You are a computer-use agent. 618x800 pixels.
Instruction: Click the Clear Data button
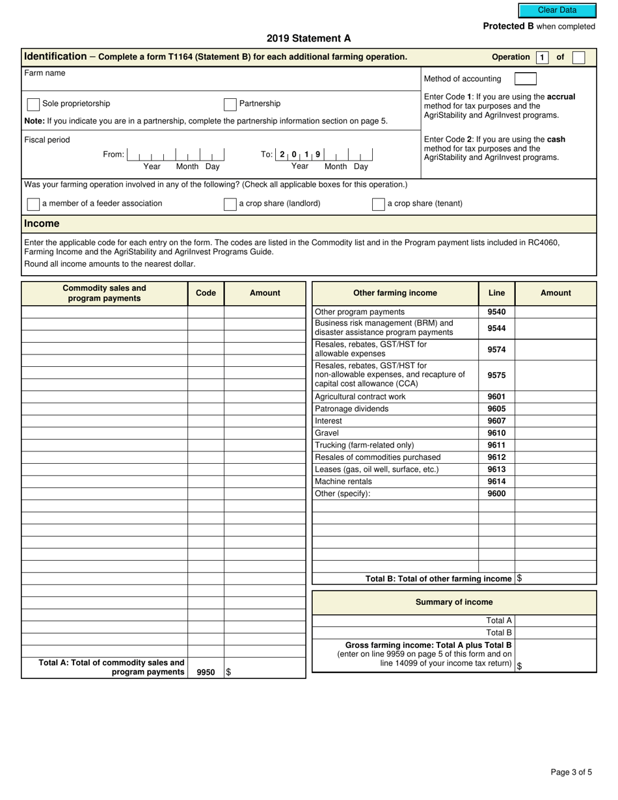[x=557, y=10]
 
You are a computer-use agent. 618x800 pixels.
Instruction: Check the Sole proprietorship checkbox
[x=33, y=104]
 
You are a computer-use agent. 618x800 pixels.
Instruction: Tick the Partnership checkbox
[x=230, y=104]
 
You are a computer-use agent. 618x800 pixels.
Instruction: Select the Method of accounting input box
[x=525, y=79]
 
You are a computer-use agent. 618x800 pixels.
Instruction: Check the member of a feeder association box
[x=33, y=204]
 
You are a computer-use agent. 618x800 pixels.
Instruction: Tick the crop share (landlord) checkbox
[x=230, y=204]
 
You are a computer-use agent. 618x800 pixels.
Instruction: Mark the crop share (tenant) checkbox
[x=378, y=204]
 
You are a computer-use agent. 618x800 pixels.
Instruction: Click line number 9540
[x=496, y=312]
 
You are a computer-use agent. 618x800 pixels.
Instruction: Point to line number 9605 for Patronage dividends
[x=496, y=409]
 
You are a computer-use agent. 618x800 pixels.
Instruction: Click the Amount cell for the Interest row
[x=555, y=421]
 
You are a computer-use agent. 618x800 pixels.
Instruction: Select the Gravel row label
[x=327, y=433]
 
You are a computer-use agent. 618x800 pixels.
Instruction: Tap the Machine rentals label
[x=343, y=482]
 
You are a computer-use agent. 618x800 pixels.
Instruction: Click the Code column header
[x=206, y=293]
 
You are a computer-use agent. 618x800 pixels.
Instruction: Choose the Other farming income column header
[x=395, y=293]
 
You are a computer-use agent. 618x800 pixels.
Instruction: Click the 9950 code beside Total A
[x=206, y=673]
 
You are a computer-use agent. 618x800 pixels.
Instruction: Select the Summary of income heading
[x=453, y=602]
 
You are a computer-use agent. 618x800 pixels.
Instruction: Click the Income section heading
[x=42, y=224]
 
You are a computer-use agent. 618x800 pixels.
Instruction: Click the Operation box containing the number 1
[x=541, y=57]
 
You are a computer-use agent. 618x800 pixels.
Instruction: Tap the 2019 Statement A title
[x=308, y=38]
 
